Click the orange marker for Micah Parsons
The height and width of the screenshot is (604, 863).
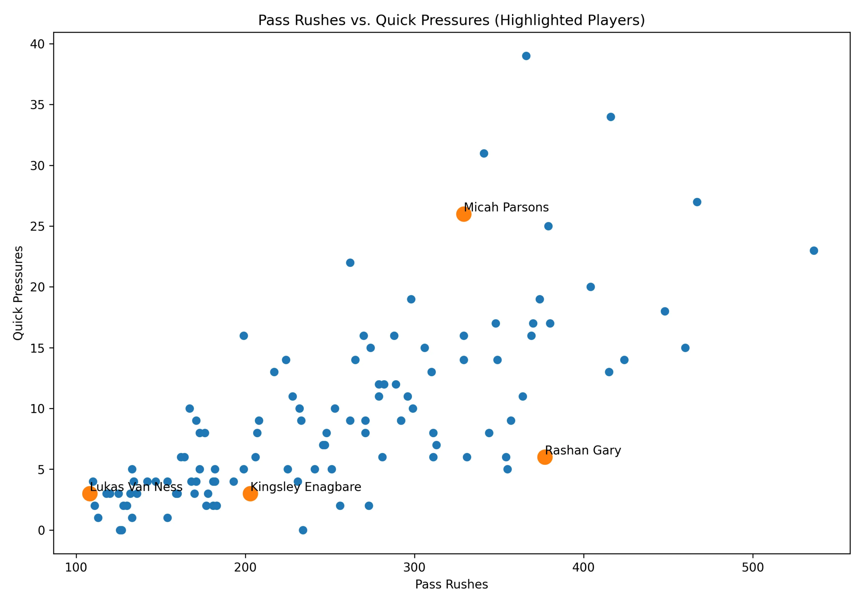464,214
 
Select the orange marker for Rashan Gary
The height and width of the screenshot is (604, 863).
545,457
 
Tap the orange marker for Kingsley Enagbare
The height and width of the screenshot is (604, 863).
250,493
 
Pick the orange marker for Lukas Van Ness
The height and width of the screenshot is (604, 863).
89,493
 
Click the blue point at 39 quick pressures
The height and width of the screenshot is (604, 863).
526,56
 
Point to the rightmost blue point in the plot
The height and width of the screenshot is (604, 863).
814,251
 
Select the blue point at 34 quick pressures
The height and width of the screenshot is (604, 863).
611,117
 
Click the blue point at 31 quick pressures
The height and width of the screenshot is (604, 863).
484,153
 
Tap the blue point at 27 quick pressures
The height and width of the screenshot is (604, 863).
697,202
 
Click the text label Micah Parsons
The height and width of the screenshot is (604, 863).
506,208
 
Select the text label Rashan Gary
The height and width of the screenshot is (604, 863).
583,450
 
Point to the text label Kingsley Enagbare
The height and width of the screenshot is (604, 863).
305,487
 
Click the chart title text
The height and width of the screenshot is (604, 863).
451,20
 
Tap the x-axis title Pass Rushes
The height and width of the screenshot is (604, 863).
451,584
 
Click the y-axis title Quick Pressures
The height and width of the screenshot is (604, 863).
18,293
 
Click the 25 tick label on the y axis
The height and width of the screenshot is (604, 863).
37,227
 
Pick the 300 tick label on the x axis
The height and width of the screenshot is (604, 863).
414,567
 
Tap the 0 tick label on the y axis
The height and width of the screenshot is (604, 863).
41,530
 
